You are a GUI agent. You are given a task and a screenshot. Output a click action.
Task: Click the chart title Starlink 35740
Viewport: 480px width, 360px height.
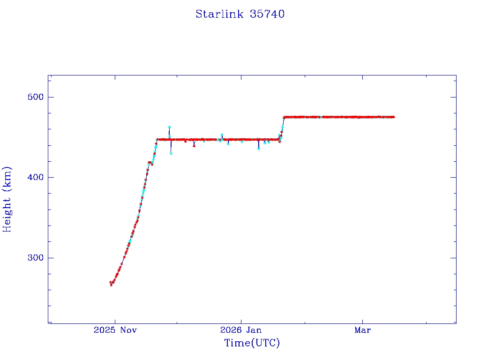[240, 14]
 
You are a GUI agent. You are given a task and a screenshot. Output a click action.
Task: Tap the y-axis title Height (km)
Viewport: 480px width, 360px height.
[7, 199]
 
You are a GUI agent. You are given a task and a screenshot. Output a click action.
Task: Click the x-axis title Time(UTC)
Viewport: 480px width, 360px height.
[252, 343]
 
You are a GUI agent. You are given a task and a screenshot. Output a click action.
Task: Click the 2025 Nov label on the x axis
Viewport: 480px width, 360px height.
[115, 330]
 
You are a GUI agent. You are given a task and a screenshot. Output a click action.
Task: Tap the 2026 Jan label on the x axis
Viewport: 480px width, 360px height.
[240, 330]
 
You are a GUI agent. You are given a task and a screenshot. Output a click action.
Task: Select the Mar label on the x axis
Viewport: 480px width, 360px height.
[362, 330]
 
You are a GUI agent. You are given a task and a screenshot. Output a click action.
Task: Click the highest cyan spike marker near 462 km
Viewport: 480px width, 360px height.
[169, 127]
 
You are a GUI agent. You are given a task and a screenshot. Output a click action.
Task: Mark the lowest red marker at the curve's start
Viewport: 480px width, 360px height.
[111, 285]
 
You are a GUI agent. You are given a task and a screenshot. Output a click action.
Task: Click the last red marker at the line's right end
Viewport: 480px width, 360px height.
[393, 117]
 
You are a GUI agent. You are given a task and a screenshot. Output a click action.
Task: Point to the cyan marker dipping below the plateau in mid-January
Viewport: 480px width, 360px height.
[258, 148]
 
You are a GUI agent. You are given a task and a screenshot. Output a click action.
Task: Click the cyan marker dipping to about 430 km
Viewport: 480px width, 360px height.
[171, 153]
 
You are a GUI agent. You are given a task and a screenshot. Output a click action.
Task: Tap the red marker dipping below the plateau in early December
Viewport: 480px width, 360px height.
[194, 146]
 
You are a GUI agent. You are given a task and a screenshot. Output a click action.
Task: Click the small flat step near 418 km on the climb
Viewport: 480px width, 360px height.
[150, 162]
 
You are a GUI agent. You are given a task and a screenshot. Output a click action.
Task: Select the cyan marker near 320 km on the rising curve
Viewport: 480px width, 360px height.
[129, 241]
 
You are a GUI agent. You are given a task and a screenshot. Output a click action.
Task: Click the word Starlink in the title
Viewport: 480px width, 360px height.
[219, 14]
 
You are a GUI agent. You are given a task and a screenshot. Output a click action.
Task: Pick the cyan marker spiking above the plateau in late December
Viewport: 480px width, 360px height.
[222, 135]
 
